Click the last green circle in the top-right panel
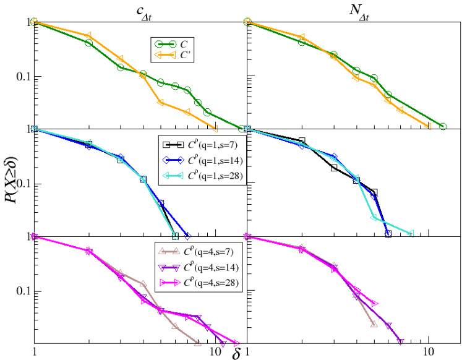pyautogui.click(x=443, y=126)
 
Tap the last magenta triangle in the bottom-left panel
pyautogui.click(x=236, y=342)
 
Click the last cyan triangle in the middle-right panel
pyautogui.click(x=411, y=233)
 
